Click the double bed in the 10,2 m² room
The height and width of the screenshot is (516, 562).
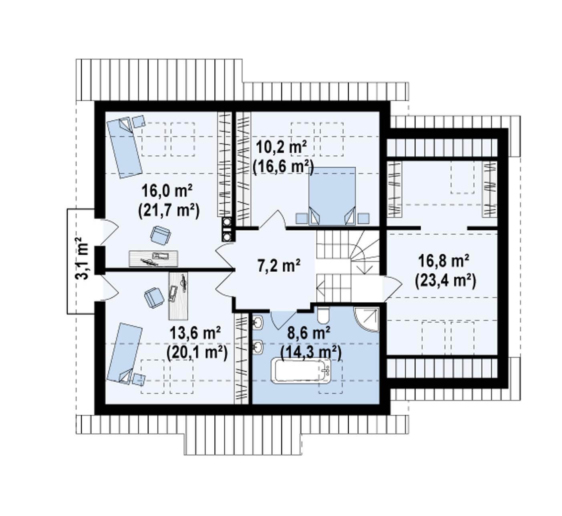(332, 196)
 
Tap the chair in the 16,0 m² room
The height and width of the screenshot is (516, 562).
(161, 235)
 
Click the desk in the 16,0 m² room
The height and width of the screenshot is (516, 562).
(153, 258)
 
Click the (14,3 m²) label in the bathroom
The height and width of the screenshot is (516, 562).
(311, 353)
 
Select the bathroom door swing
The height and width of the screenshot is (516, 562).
(283, 320)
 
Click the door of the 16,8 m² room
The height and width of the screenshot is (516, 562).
(392, 288)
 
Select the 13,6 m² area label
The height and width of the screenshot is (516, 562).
(195, 333)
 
